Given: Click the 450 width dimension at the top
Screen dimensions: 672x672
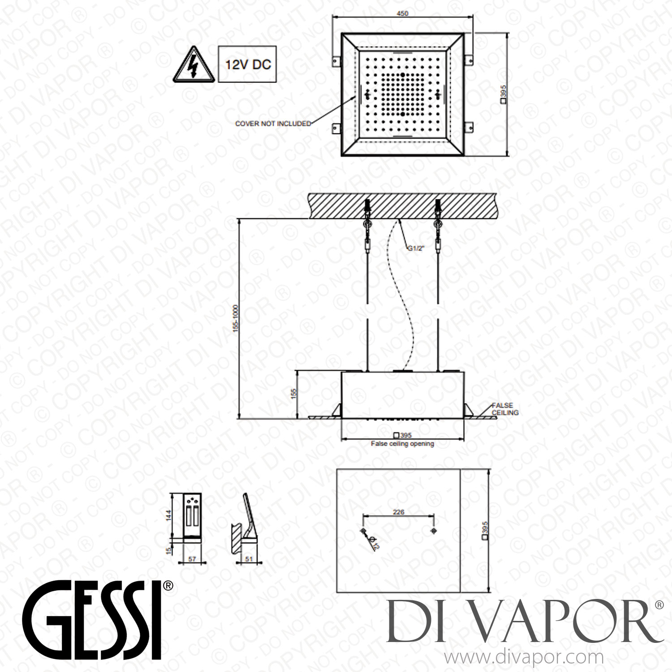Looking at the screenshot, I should tap(402, 13).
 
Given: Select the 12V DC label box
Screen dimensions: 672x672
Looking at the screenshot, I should tap(247, 64).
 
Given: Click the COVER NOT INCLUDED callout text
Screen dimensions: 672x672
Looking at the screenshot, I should tap(273, 123).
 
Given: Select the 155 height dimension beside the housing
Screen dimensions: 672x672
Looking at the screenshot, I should tap(294, 393).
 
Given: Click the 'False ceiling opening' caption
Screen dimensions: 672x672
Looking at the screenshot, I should tap(402, 444).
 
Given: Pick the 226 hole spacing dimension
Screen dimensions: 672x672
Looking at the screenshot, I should tap(398, 512).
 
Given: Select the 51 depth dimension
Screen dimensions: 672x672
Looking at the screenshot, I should tap(250, 559).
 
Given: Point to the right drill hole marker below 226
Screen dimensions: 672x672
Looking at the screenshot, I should tap(433, 531).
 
